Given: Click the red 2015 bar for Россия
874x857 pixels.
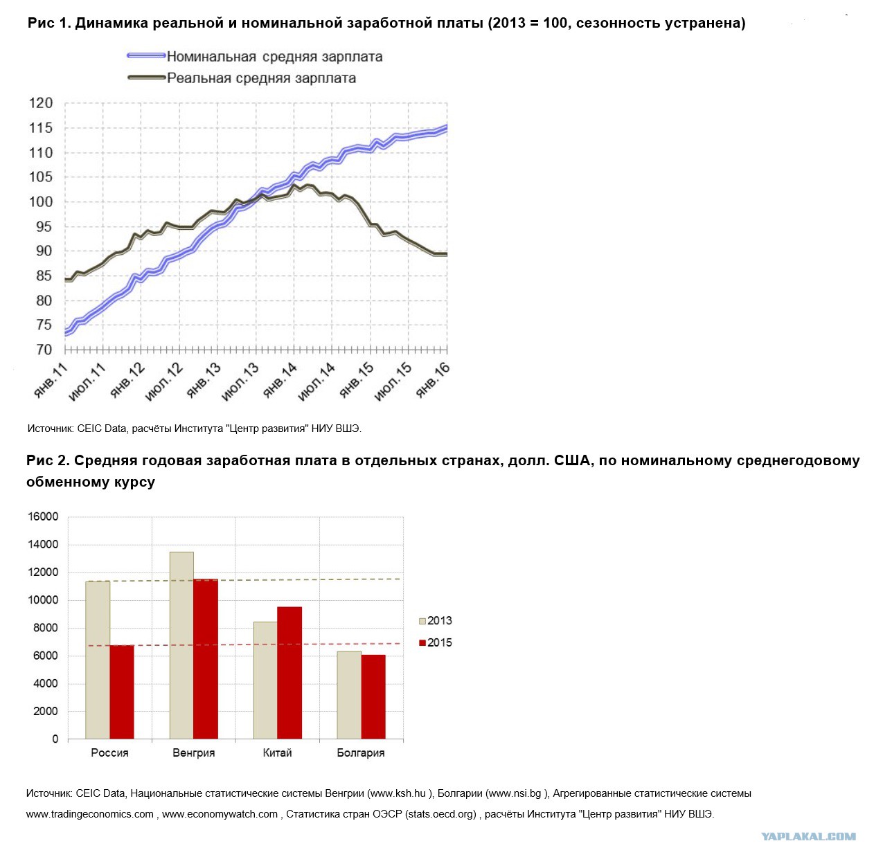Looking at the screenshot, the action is point(122,692).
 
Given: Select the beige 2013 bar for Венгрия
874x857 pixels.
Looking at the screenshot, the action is point(181,645).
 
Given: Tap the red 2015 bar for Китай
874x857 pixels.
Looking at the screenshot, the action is point(289,673).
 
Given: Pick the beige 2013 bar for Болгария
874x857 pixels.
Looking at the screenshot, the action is point(349,695).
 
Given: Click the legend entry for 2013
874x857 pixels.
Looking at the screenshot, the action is point(436,621).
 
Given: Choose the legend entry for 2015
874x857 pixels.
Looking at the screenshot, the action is point(436,642).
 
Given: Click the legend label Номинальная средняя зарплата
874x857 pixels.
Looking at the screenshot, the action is point(275,57).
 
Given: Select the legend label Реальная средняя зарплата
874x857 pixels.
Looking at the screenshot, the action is point(261,78).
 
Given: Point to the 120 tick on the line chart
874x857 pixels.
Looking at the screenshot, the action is point(42,103).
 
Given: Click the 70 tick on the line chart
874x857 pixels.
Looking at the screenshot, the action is point(44,350).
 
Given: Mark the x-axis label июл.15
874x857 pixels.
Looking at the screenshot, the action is point(393,382).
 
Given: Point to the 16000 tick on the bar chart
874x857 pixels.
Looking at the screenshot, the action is point(43,516).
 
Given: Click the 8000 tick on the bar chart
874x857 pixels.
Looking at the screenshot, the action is point(46,628).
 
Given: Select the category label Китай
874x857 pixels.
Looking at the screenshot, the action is point(277,752).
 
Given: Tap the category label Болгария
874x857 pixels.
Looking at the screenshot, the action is point(361,753).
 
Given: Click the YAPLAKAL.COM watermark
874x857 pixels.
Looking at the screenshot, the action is point(808,837).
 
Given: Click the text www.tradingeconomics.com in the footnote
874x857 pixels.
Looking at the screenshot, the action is point(90,814).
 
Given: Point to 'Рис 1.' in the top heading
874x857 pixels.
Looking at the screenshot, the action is point(49,23).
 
